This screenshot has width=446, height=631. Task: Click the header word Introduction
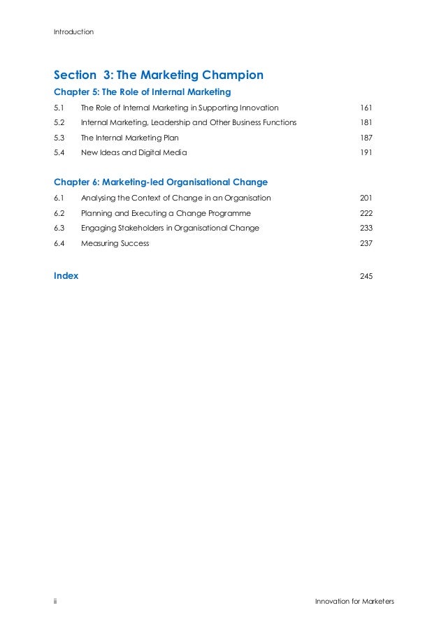(x=73, y=32)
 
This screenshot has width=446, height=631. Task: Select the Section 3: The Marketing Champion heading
(x=159, y=74)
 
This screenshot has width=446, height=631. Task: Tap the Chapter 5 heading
(x=142, y=92)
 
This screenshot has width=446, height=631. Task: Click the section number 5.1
(x=59, y=108)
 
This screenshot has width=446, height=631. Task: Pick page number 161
(x=366, y=108)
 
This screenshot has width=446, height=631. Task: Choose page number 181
(x=366, y=122)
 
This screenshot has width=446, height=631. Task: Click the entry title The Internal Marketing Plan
(x=129, y=138)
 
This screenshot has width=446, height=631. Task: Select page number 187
(x=366, y=138)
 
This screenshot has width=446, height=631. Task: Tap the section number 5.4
(x=59, y=152)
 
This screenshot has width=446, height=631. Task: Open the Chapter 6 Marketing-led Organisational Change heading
(x=161, y=182)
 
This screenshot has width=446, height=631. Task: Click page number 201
(x=366, y=198)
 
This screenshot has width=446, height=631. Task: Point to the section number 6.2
(x=59, y=213)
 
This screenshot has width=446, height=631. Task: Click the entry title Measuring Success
(x=115, y=243)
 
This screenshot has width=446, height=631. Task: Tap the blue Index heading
(x=66, y=275)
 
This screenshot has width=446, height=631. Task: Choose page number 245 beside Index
(x=366, y=276)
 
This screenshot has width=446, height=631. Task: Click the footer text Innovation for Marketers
(x=354, y=601)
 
